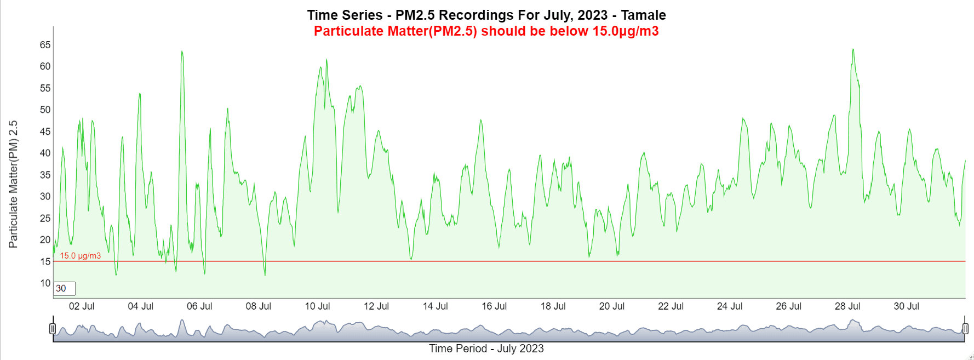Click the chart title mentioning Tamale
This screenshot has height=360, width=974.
pyautogui.click(x=486, y=15)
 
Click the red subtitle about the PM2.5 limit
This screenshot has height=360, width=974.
pyautogui.click(x=486, y=31)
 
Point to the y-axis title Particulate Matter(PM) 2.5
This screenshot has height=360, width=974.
pyautogui.click(x=13, y=184)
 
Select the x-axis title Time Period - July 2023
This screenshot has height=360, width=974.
pyautogui.click(x=486, y=348)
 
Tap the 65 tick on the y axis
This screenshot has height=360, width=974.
pyautogui.click(x=45, y=45)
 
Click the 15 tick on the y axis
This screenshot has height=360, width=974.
pyautogui.click(x=45, y=262)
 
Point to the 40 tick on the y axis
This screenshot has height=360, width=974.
pyautogui.click(x=45, y=153)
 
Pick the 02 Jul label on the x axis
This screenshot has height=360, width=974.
pyautogui.click(x=82, y=306)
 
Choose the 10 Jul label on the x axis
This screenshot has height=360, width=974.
pyautogui.click(x=317, y=306)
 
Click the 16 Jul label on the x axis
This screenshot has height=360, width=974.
pyautogui.click(x=494, y=306)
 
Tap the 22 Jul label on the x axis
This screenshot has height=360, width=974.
pyautogui.click(x=671, y=306)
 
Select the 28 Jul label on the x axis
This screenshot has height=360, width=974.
pyautogui.click(x=847, y=306)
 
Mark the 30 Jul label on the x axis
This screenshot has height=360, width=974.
pyautogui.click(x=906, y=306)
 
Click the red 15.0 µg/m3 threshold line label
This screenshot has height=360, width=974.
pyautogui.click(x=80, y=256)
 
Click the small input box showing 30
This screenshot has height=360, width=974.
pyautogui.click(x=65, y=289)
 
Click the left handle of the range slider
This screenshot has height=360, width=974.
pyautogui.click(x=53, y=329)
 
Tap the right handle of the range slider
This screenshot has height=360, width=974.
pyautogui.click(x=965, y=329)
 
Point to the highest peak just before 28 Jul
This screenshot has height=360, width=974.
pyautogui.click(x=853, y=50)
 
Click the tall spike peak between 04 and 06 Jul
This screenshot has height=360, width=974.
pyautogui.click(x=182, y=52)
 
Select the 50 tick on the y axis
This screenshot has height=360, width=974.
pyautogui.click(x=45, y=110)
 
